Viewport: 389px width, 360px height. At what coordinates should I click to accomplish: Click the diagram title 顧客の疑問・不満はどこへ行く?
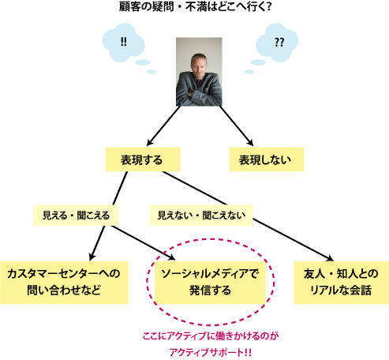coord(195,7)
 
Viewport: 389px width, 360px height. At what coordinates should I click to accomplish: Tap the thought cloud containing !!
coord(123,43)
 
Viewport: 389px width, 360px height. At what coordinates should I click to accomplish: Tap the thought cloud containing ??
coord(277,43)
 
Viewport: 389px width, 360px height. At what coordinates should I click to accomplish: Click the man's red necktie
coord(198,83)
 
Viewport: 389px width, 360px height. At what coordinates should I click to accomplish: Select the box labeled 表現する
coord(143,159)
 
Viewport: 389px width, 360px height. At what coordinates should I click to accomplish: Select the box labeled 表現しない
coord(267,159)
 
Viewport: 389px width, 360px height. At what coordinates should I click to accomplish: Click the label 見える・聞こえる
coord(76,216)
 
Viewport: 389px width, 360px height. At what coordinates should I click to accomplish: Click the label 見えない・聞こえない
coord(201,216)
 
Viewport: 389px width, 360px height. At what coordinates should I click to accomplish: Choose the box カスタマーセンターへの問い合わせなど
coord(64,283)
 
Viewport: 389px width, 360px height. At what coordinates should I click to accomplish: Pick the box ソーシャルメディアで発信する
coord(210,283)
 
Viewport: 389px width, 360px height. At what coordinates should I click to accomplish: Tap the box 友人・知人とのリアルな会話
coord(341,283)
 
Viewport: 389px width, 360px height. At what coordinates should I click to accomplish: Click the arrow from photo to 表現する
coord(163,126)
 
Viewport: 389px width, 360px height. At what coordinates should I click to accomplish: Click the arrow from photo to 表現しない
coord(236,126)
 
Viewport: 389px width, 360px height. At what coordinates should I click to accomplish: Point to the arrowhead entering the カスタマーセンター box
coord(92,257)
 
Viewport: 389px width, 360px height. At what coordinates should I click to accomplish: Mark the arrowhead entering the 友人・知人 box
coord(329,258)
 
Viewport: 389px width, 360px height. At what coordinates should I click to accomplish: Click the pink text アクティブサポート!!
coord(210,352)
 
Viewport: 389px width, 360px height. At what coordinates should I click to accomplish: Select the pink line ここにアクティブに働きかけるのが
coord(211,336)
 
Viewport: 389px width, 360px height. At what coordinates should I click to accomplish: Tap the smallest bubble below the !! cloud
coord(151,72)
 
